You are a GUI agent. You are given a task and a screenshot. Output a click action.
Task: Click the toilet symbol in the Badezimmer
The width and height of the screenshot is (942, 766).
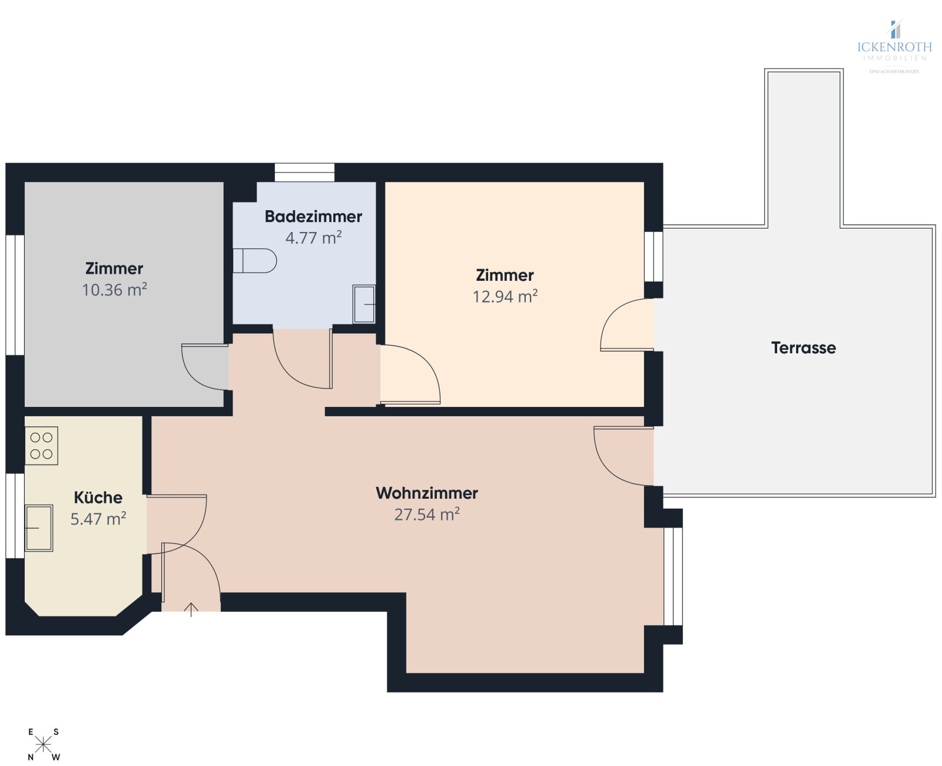255,260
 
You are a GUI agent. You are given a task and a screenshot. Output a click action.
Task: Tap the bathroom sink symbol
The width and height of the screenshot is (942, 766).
364,304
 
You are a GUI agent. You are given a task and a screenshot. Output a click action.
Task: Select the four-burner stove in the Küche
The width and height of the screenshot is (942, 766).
41,446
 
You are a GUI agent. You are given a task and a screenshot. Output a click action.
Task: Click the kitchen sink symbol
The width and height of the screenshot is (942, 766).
39,528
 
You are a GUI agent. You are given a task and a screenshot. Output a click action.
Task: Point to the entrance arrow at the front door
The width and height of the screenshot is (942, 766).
191,609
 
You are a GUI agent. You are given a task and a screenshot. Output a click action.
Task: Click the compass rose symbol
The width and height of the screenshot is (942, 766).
44,745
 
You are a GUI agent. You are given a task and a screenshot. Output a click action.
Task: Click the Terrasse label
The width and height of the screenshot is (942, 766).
803,348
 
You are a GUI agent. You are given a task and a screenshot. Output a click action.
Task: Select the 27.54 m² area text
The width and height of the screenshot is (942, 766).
427,515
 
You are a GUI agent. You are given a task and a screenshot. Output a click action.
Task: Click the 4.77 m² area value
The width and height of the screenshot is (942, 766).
313,238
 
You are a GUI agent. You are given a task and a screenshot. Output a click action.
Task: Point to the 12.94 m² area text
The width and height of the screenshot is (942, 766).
505,296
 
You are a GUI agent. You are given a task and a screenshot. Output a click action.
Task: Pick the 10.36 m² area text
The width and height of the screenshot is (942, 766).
114,290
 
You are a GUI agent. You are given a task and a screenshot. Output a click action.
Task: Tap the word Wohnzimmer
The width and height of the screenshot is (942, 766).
427,493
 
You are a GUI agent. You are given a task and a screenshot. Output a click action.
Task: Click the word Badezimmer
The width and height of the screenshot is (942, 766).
313,217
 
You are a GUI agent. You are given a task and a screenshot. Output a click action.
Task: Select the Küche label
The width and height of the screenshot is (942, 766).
98,498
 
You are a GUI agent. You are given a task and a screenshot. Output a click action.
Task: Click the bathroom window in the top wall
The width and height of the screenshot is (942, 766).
304,173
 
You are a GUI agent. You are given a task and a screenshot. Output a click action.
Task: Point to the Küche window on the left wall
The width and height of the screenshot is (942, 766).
15,515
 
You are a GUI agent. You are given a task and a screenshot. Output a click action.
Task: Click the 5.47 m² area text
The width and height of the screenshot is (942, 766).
98,519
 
